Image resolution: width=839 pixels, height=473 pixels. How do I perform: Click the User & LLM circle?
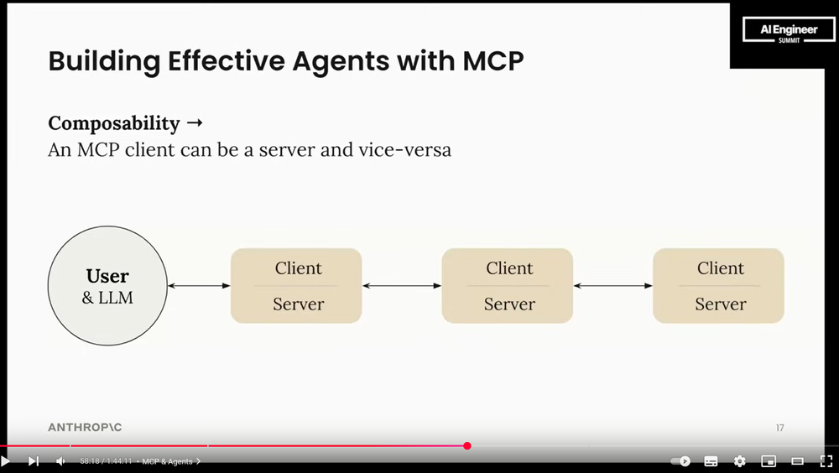[107, 286]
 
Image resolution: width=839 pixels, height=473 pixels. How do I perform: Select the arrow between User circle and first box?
[199, 286]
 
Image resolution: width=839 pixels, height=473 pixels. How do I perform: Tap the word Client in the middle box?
[509, 268]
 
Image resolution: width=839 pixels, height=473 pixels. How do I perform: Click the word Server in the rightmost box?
[720, 304]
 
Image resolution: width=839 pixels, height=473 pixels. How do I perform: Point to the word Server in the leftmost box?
[298, 304]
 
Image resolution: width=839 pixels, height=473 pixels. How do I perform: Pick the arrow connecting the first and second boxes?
[402, 286]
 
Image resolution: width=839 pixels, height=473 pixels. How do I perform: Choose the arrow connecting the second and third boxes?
[613, 286]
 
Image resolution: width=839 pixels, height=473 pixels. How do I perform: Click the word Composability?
[114, 123]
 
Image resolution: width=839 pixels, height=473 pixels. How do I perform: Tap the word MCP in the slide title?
[491, 62]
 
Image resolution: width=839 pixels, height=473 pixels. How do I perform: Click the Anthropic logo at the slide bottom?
[85, 428]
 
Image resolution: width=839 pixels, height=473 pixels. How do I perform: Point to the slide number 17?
[779, 428]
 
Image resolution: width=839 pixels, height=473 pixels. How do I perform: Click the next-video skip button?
[34, 461]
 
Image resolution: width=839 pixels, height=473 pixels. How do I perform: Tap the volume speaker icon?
[60, 461]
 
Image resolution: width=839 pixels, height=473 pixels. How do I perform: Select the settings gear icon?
[739, 461]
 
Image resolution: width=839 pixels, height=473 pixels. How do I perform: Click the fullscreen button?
[826, 461]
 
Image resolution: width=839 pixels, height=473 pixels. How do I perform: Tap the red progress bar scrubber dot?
[467, 446]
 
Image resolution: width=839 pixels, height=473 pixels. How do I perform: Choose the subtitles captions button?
[711, 461]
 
